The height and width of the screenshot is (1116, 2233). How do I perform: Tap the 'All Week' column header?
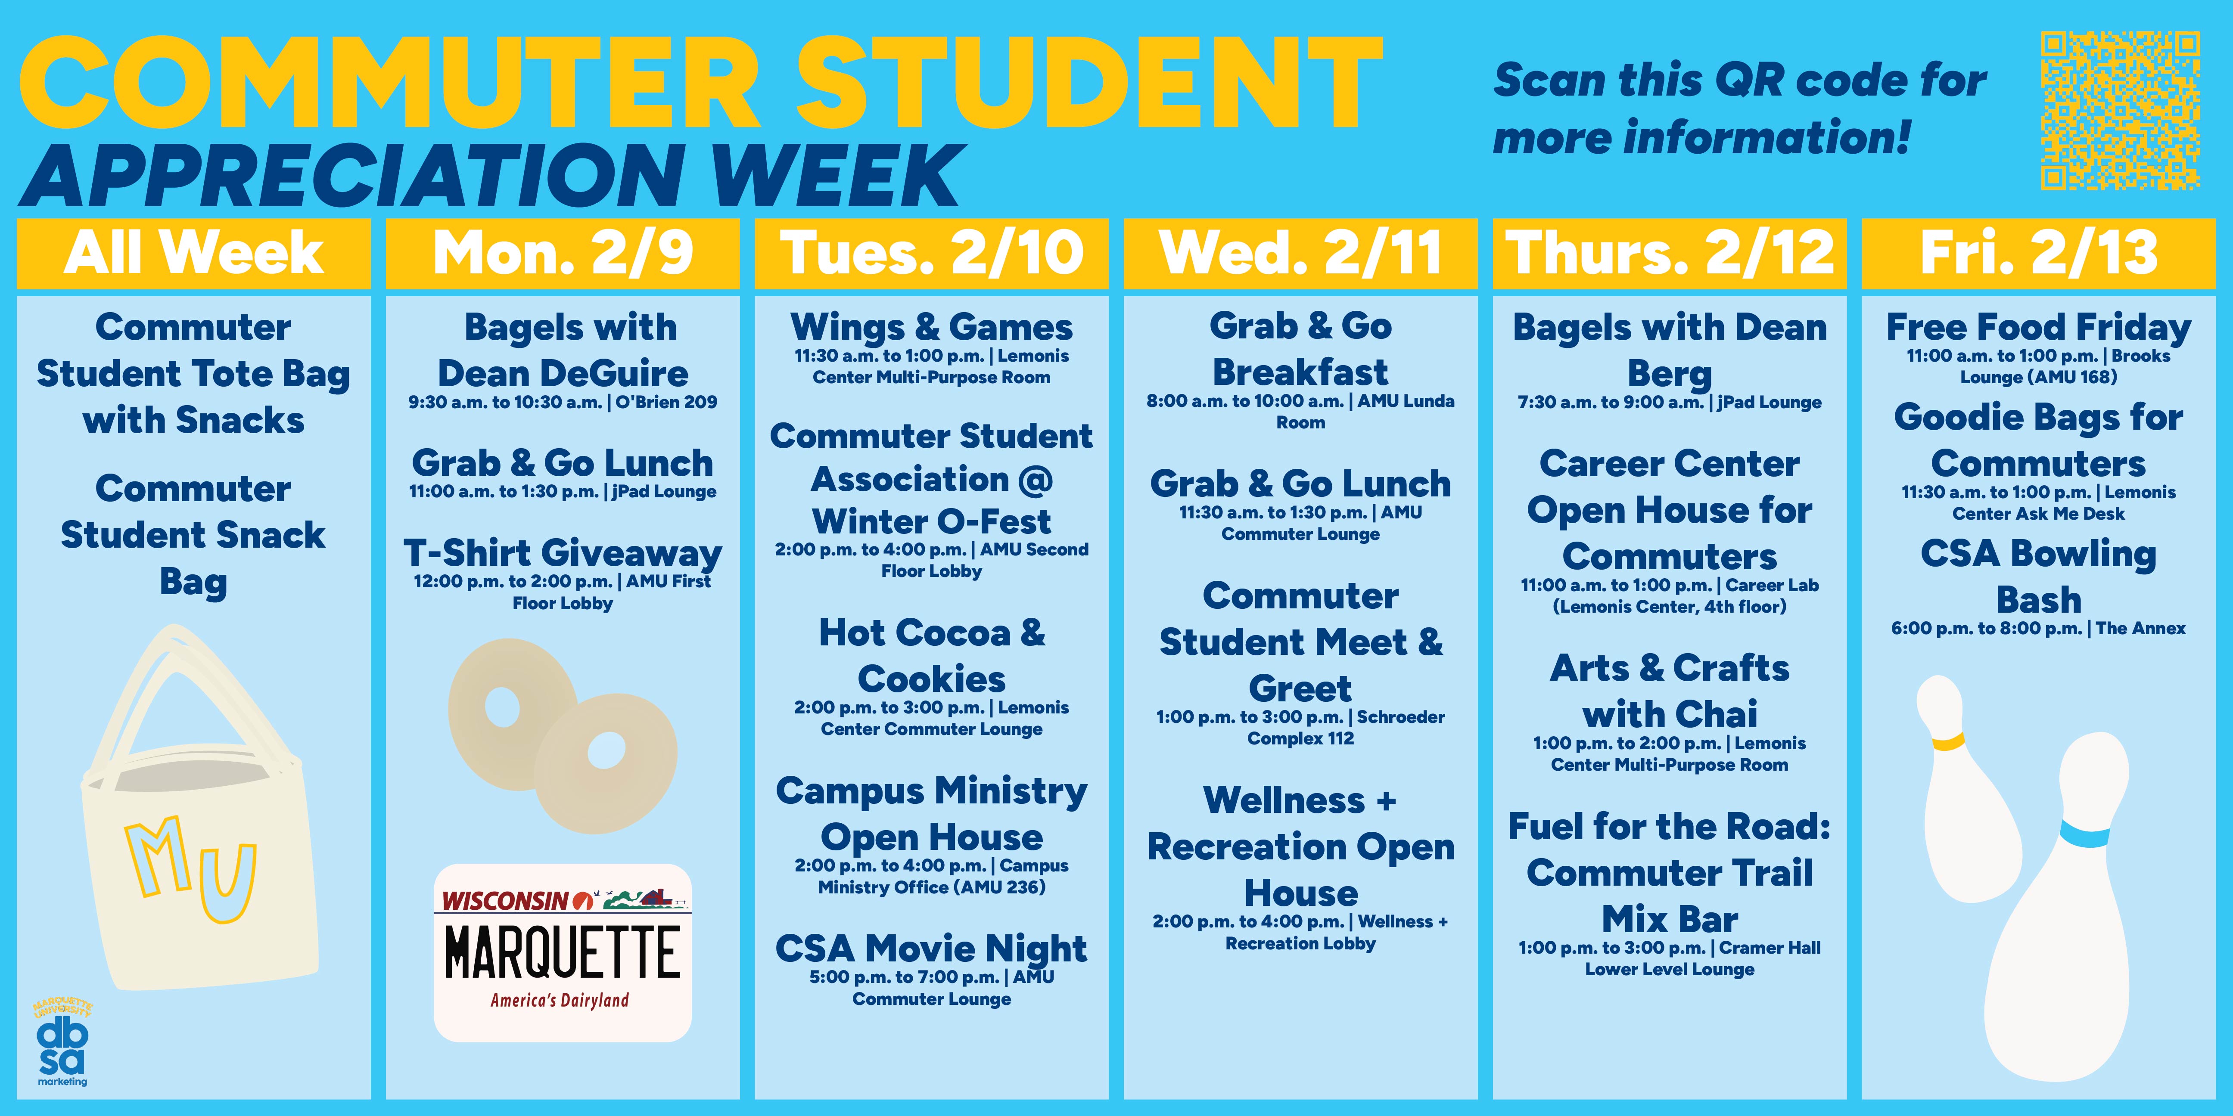[x=193, y=253]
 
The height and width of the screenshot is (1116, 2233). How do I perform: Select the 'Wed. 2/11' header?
[x=1300, y=253]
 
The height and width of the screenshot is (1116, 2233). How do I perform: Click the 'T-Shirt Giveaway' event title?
[x=563, y=553]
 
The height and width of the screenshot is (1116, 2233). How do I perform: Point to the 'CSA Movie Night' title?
[x=931, y=949]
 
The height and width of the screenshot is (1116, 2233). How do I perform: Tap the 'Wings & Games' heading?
[x=931, y=328]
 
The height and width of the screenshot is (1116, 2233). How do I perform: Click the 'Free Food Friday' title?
[x=2039, y=328]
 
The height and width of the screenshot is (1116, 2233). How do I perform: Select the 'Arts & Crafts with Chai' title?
[x=1670, y=691]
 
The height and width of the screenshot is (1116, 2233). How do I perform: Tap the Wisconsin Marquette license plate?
[x=563, y=952]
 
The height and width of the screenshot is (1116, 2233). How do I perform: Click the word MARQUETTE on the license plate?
[x=563, y=952]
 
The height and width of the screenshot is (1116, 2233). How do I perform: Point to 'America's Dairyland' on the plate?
[x=559, y=1000]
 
